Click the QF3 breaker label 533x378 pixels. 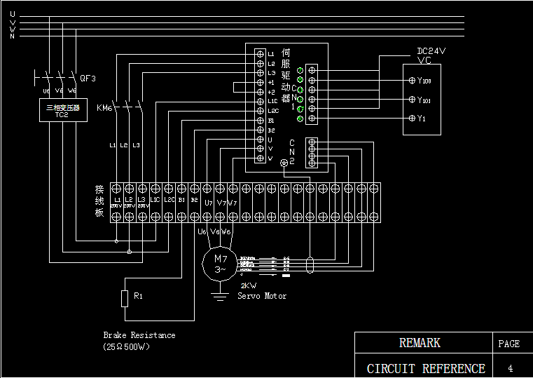[x=88, y=78]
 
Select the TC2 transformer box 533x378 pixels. [x=63, y=110]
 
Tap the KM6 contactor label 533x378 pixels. [x=104, y=107]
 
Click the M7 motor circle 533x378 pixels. [x=220, y=264]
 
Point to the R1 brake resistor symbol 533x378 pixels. [x=125, y=298]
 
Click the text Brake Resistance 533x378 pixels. [x=139, y=335]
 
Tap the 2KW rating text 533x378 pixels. [x=248, y=286]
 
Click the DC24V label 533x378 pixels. [x=431, y=51]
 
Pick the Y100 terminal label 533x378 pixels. [x=424, y=81]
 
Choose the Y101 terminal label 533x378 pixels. [x=424, y=100]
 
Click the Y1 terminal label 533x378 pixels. [x=421, y=119]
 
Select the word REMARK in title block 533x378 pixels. [x=420, y=343]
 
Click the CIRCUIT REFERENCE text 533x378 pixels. [x=426, y=368]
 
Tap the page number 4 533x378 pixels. [x=510, y=368]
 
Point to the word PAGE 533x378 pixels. [x=509, y=344]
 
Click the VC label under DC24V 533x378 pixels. [x=424, y=60]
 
